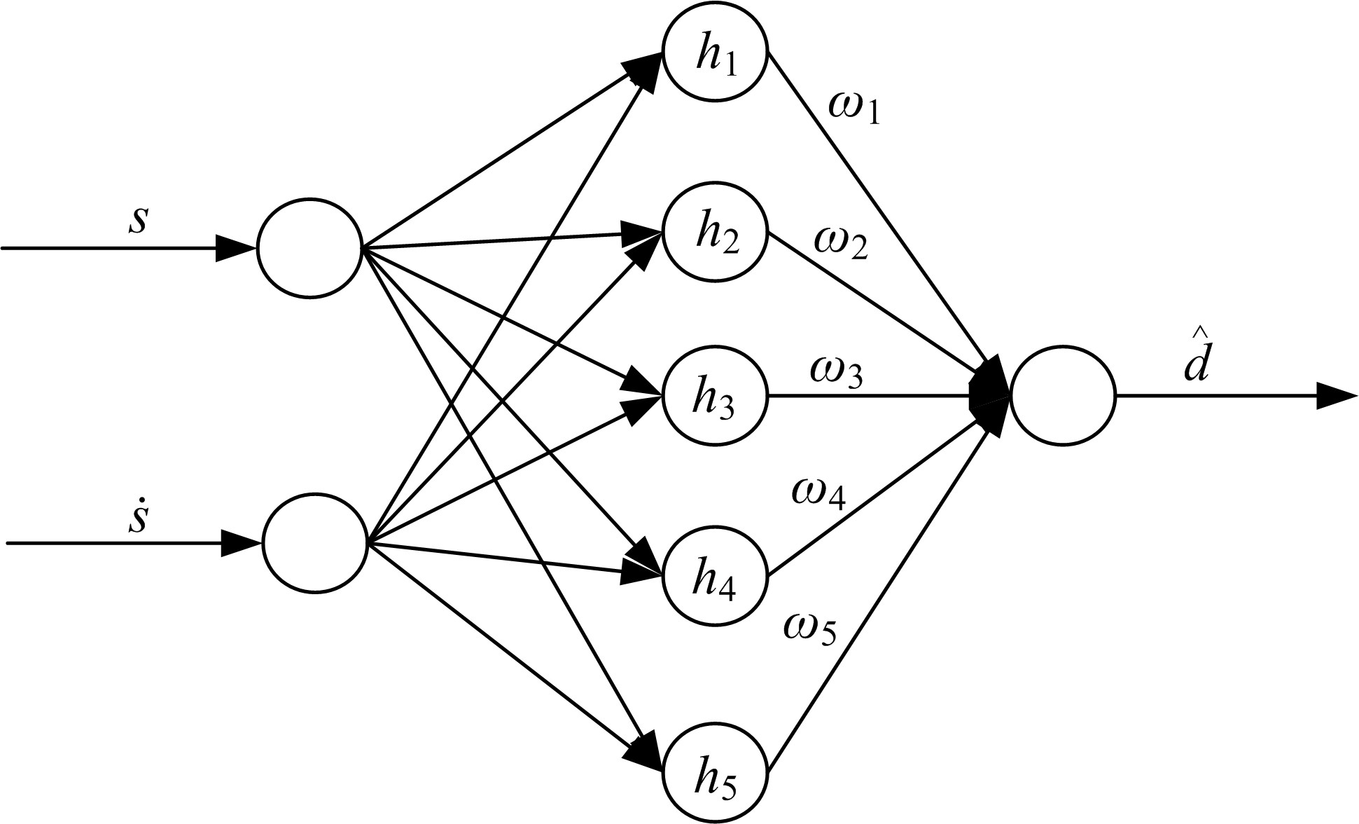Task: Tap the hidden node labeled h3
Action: [x=715, y=396]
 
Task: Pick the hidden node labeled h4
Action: [x=715, y=576]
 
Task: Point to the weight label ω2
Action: [x=840, y=245]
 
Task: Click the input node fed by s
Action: [x=309, y=248]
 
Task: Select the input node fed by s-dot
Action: [x=314, y=543]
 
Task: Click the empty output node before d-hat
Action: [x=1062, y=395]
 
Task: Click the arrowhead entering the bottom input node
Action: [x=240, y=543]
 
